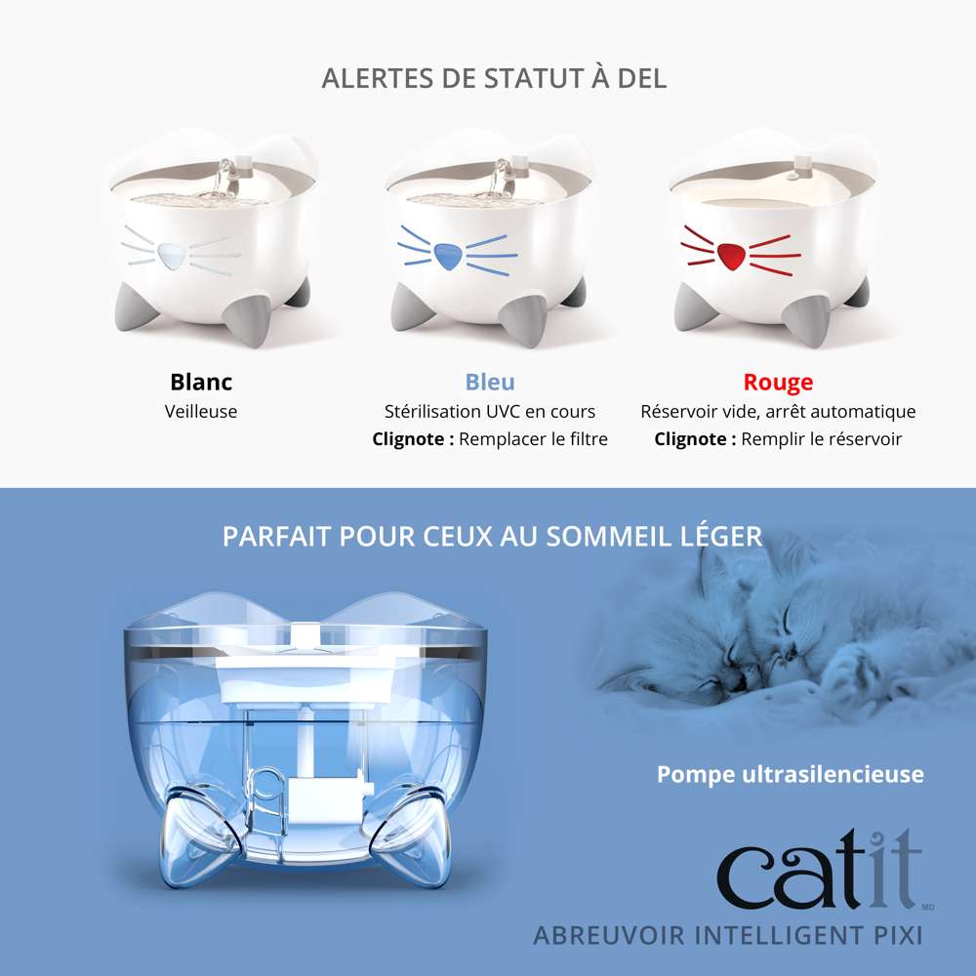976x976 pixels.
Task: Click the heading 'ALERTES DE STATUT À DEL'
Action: [494, 78]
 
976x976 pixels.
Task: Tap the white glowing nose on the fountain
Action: [172, 257]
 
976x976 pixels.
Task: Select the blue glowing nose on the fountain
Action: [450, 257]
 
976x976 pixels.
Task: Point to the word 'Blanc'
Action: [201, 382]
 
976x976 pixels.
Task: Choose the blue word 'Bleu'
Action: [490, 382]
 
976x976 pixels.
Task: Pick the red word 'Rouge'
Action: [778, 382]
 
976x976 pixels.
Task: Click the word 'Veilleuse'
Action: [201, 411]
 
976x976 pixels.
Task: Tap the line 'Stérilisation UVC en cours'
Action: [490, 411]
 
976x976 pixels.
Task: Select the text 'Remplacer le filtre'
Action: [533, 439]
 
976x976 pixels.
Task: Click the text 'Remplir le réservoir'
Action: [822, 439]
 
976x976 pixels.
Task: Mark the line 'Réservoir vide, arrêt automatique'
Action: [778, 411]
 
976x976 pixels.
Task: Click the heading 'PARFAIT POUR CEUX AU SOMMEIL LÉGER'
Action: [493, 536]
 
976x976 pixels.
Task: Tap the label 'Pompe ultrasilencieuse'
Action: [791, 774]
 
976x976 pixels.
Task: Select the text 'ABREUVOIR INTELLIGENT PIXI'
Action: [727, 935]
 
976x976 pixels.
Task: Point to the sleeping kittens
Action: [781, 634]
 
